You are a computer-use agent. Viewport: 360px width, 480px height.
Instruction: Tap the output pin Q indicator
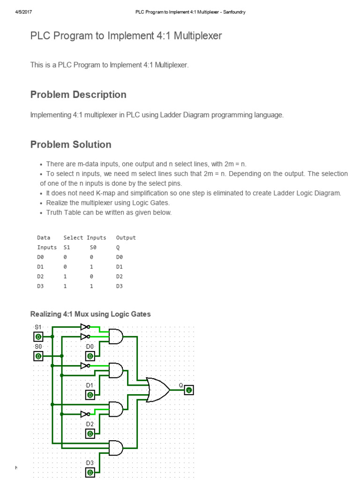188,390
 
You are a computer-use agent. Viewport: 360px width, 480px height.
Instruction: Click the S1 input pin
38,337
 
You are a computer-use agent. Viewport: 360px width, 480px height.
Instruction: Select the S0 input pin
38,356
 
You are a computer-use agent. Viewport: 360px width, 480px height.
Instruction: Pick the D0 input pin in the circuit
90,356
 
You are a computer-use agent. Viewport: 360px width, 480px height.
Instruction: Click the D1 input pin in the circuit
90,395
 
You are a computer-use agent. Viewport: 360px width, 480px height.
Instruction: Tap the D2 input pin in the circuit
90,434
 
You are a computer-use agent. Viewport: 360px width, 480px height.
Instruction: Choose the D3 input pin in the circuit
90,472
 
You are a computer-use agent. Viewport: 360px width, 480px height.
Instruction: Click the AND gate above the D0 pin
116,336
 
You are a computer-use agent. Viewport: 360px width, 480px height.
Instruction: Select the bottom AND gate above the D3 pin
116,448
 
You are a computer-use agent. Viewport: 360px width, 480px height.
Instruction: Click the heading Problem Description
78,95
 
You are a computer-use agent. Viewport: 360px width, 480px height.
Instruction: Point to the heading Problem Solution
71,144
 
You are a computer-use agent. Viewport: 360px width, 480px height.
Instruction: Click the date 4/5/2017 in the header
23,12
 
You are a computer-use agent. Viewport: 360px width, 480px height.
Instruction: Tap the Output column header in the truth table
126,238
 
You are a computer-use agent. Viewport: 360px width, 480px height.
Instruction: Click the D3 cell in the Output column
119,286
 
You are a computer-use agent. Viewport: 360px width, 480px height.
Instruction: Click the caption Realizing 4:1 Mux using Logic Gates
90,314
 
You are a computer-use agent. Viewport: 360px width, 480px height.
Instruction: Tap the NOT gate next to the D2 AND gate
84,414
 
